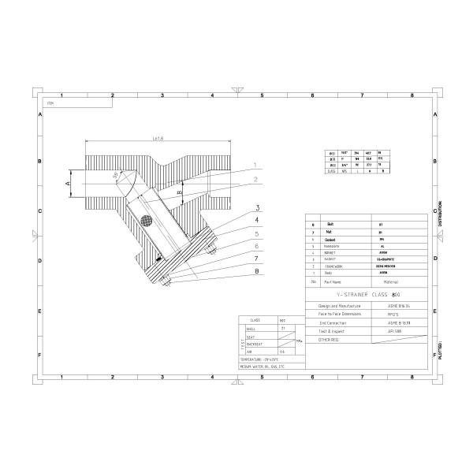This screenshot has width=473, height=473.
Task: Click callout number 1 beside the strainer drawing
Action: click(255, 165)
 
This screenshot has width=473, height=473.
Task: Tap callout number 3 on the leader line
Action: click(257, 208)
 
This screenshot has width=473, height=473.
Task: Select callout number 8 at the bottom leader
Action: click(257, 273)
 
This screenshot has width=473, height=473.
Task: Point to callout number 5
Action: click(257, 234)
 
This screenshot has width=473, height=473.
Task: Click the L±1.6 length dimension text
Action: click(157, 140)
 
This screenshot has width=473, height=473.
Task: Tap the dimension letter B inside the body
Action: click(180, 192)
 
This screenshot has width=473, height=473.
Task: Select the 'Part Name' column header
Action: click(336, 281)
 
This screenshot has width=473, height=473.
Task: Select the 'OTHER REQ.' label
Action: click(329, 341)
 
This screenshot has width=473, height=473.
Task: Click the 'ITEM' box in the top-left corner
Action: click(50, 102)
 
